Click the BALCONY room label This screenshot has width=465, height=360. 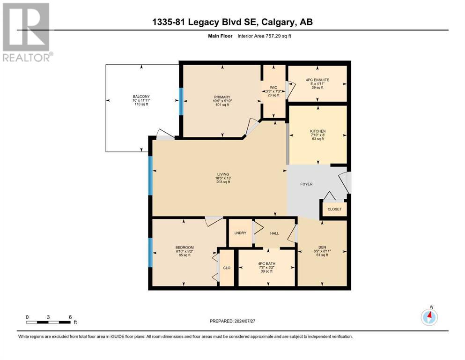pyautogui.click(x=141, y=97)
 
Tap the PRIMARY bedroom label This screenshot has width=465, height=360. pyautogui.click(x=222, y=97)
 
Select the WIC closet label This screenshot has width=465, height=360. pyautogui.click(x=273, y=88)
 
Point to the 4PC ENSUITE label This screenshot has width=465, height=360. pyautogui.click(x=317, y=80)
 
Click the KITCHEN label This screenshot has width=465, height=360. pyautogui.click(x=318, y=131)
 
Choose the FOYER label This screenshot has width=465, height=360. pyautogui.click(x=306, y=184)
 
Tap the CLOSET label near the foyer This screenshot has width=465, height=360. pyautogui.click(x=334, y=209)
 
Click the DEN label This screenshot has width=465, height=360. pyautogui.click(x=322, y=247)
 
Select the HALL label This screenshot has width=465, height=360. pyautogui.click(x=274, y=233)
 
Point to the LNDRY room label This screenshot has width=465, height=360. pyautogui.click(x=240, y=233)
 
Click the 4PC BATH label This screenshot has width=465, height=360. pyautogui.click(x=266, y=263)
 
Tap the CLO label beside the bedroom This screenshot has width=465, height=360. pyautogui.click(x=227, y=268)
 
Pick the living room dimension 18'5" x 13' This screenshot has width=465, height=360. pyautogui.click(x=223, y=178)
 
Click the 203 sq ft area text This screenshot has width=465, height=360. pyautogui.click(x=223, y=182)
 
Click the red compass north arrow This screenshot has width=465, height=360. pyautogui.click(x=430, y=315)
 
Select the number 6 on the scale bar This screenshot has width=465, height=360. pyautogui.click(x=70, y=317)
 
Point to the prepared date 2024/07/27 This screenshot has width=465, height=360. pyautogui.click(x=244, y=321)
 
